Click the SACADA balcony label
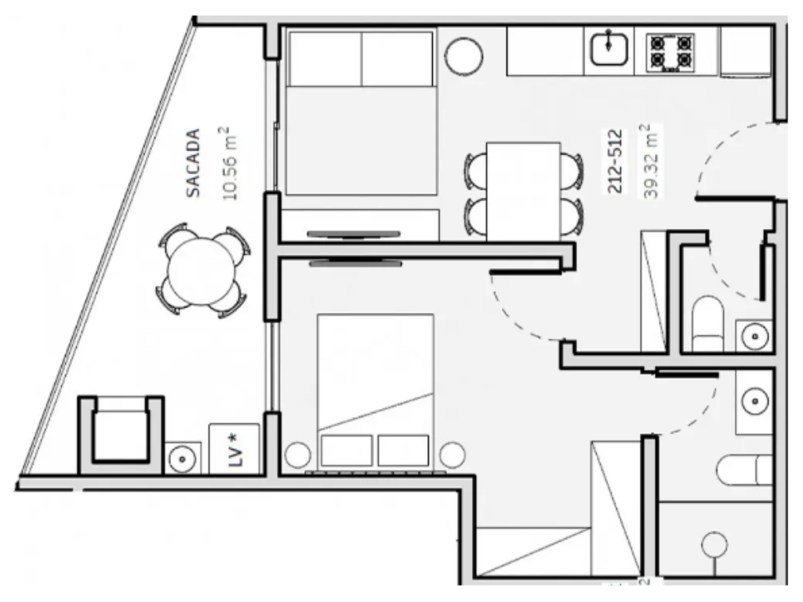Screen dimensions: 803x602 pos(193,163)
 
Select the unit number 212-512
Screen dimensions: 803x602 pos(615,161)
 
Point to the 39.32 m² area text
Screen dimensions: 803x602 pos(650,161)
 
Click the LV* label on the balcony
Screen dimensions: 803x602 pos(234,450)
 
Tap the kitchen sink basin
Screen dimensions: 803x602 pos(609,49)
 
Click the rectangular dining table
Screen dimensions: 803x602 pos(523,191)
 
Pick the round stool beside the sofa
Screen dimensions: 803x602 pos(464,56)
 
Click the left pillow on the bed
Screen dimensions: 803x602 pos(346,451)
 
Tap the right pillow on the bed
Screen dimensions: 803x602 pos(403,451)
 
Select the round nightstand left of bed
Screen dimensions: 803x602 pos(297,455)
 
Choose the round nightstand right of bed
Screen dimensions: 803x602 pos(452,455)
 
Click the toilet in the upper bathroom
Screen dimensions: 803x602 pos(708,324)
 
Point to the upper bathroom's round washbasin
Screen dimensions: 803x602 pos(754,336)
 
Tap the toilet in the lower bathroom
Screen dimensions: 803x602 pos(745,470)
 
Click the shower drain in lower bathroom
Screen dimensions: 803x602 pos(714,544)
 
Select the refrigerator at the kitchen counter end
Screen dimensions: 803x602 pos(746,52)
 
